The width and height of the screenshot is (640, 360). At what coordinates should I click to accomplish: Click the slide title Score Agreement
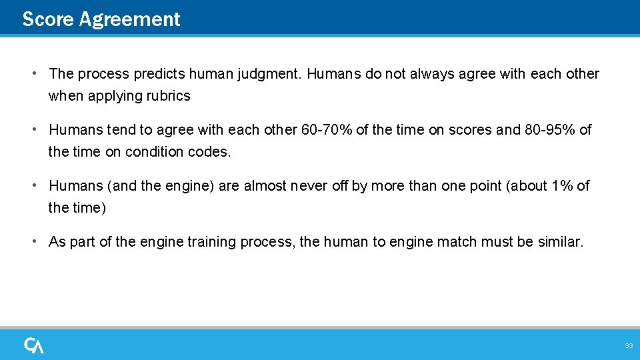(x=101, y=19)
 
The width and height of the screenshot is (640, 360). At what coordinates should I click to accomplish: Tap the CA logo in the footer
(x=34, y=345)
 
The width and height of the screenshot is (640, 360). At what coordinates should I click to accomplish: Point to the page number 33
(x=628, y=345)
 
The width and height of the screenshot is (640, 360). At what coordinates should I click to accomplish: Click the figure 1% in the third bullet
(x=561, y=185)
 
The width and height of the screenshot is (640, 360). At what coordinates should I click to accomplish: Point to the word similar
(x=559, y=241)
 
